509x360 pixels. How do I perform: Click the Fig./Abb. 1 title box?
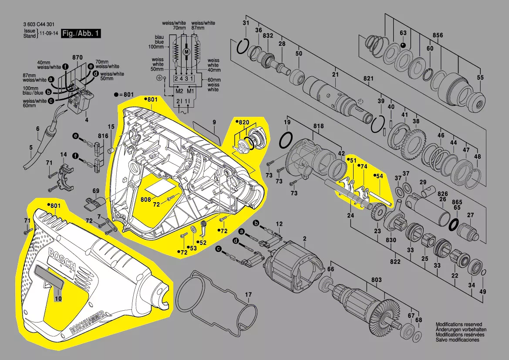click(x=81, y=34)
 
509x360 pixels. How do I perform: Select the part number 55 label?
click(x=480, y=78)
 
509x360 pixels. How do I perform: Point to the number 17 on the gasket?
click(x=248, y=295)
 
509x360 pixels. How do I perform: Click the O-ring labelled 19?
click(x=286, y=140)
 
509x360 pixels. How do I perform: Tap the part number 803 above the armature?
click(x=376, y=280)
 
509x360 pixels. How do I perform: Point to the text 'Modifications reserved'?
click(x=459, y=325)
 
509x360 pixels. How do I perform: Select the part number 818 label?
click(x=318, y=126)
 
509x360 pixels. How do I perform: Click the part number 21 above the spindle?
click(x=335, y=75)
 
